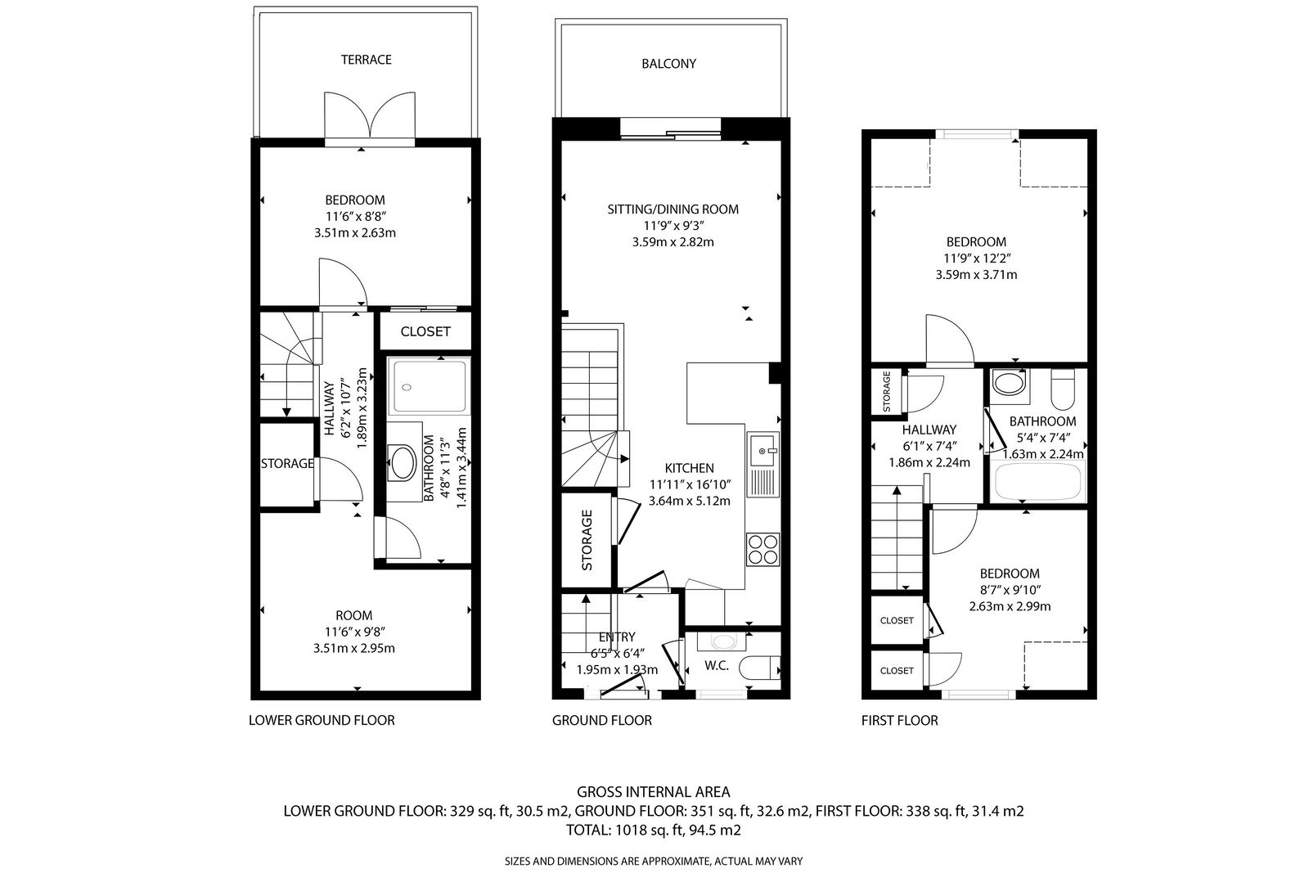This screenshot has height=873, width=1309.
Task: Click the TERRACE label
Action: point(366,60)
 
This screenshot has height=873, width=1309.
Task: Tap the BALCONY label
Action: point(668,64)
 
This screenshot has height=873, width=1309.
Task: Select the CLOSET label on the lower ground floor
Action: point(425,332)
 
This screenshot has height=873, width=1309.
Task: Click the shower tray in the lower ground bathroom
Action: point(430,387)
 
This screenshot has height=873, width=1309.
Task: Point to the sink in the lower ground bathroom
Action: point(402,462)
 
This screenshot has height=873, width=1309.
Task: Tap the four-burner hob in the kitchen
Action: point(763,549)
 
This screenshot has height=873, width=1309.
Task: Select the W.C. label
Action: point(717,665)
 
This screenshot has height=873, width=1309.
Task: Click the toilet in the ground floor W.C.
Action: point(759,668)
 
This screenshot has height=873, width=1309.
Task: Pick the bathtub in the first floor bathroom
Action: point(1038,481)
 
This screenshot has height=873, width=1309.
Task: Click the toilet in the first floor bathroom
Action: point(1063,389)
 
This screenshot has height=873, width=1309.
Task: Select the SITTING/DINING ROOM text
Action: point(672,209)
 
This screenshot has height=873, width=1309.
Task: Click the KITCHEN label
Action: point(690,468)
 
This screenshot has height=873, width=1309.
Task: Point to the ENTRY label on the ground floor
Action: point(617,637)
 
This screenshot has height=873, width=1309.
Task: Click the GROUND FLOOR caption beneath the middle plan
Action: point(602,721)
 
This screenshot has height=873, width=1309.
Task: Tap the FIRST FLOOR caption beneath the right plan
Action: point(899,721)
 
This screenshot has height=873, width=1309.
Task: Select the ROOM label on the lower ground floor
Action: point(354,615)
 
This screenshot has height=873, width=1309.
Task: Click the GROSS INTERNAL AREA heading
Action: point(654,792)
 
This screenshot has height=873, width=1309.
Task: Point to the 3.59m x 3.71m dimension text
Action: point(976,275)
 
